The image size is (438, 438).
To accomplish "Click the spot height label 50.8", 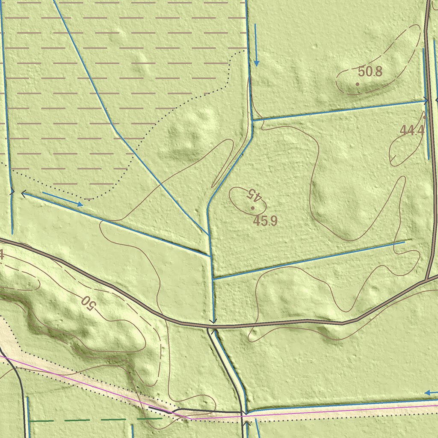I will (370, 71).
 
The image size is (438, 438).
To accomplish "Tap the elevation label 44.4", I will (412, 130).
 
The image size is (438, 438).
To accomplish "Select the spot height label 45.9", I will (265, 221).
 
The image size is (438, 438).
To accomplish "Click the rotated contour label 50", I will (87, 302).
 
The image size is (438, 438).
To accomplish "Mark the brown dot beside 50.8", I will (358, 84).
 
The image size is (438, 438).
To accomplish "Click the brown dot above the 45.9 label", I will (253, 208).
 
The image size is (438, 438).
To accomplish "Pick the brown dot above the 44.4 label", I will (424, 117).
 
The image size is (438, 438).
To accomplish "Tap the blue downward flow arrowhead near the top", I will (256, 63).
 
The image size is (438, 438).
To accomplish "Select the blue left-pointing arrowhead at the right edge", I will (427, 393).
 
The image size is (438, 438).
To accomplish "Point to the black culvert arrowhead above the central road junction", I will (213, 321).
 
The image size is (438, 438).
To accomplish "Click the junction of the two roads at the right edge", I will (427, 281).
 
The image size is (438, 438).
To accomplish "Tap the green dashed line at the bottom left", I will (86, 420).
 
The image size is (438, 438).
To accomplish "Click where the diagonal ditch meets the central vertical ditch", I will (208, 235).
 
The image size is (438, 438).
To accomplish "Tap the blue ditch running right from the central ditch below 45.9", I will (308, 260).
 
